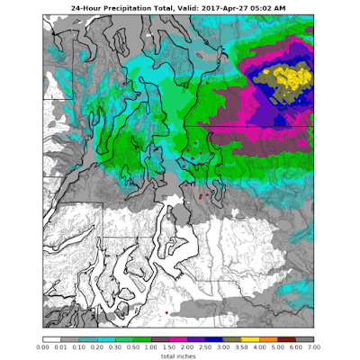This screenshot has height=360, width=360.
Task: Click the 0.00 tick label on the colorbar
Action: tap(42, 346)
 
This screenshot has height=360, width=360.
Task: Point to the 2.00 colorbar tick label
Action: tap(185, 346)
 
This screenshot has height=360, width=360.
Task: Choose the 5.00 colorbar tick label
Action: tap(275, 346)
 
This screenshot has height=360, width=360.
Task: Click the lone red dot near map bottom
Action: tap(166, 313)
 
